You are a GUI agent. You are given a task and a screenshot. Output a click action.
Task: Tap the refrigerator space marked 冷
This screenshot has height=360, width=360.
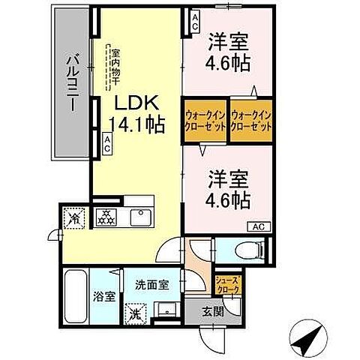coord(74,219)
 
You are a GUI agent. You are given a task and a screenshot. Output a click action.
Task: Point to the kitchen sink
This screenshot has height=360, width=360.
coord(139,218)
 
